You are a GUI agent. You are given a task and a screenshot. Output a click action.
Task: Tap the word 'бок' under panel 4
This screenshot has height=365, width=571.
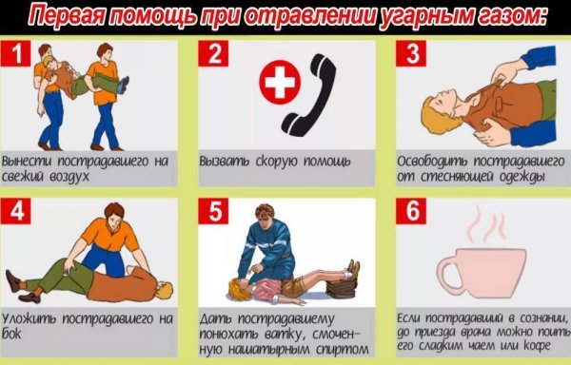(x=13, y=336)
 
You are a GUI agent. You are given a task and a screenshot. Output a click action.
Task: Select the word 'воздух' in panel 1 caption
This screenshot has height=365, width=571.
(x=67, y=177)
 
